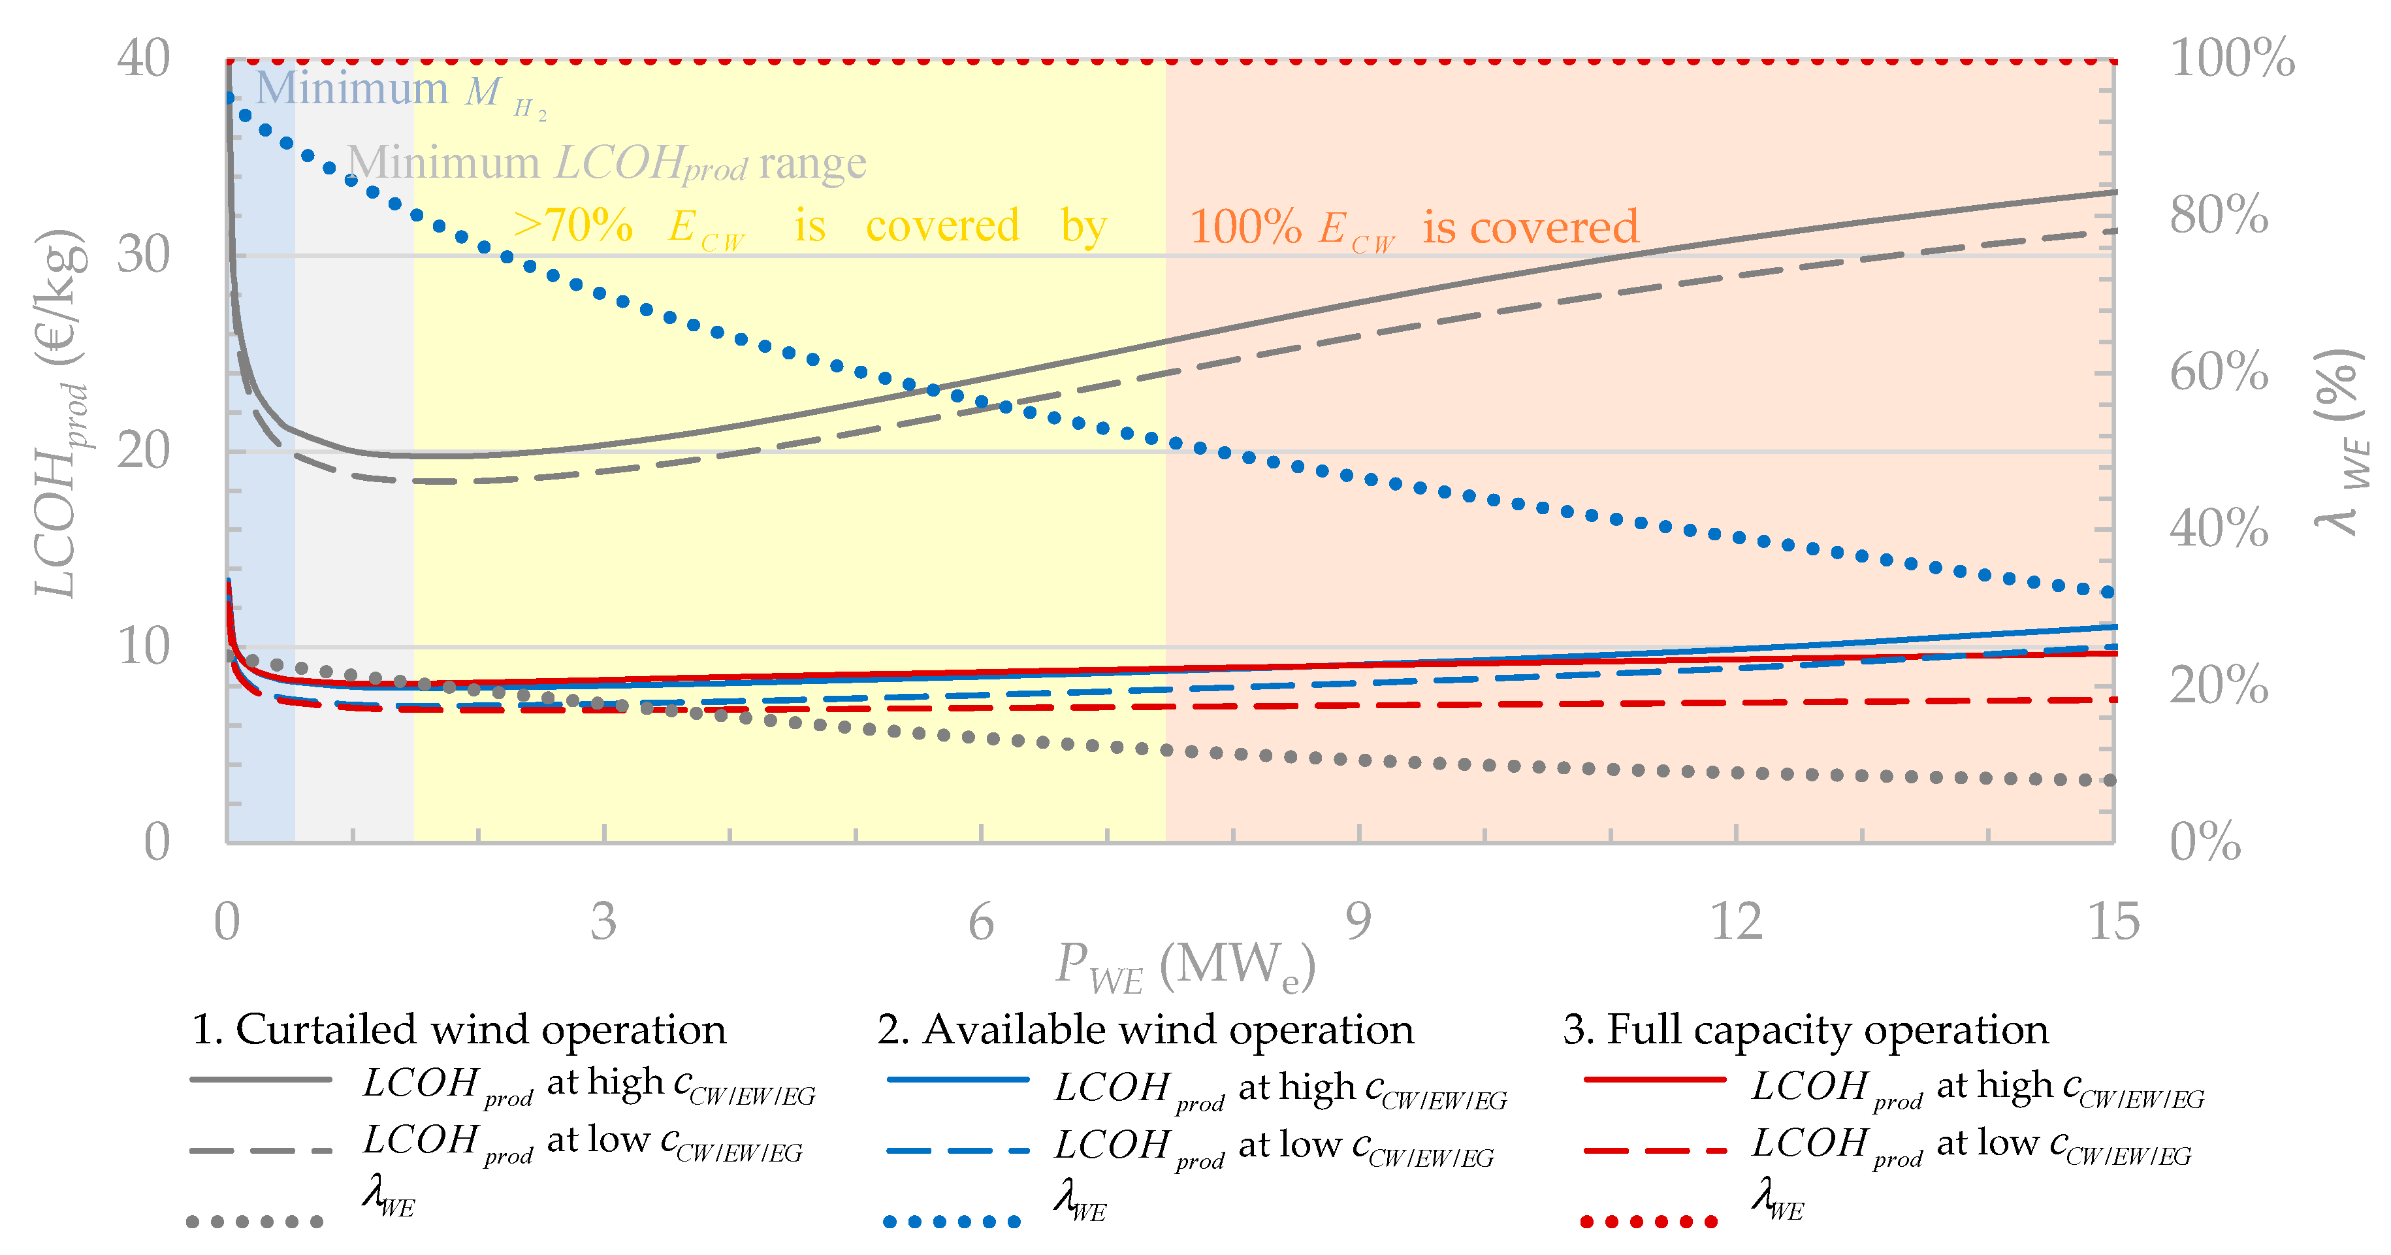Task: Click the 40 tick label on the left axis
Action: tap(143, 59)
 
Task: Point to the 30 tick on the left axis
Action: tap(143, 255)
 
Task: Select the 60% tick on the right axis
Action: tap(2219, 373)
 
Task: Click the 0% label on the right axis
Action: tap(2204, 843)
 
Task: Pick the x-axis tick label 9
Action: tap(1358, 922)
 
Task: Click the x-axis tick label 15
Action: tap(2113, 922)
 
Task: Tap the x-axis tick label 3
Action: tap(603, 922)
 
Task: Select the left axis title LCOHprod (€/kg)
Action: tap(59, 413)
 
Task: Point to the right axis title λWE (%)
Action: tap(2339, 441)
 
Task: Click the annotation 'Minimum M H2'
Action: tap(399, 91)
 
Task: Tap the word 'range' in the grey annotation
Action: tap(812, 163)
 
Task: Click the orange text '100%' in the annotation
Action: tap(1245, 227)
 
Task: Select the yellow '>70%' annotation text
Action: tap(573, 225)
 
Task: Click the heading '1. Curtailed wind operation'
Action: tap(458, 1030)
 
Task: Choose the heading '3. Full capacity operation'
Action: tap(1805, 1030)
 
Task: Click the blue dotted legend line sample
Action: tap(952, 1222)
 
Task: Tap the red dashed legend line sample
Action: tap(1654, 1151)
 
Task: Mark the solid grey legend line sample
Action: tap(260, 1079)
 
